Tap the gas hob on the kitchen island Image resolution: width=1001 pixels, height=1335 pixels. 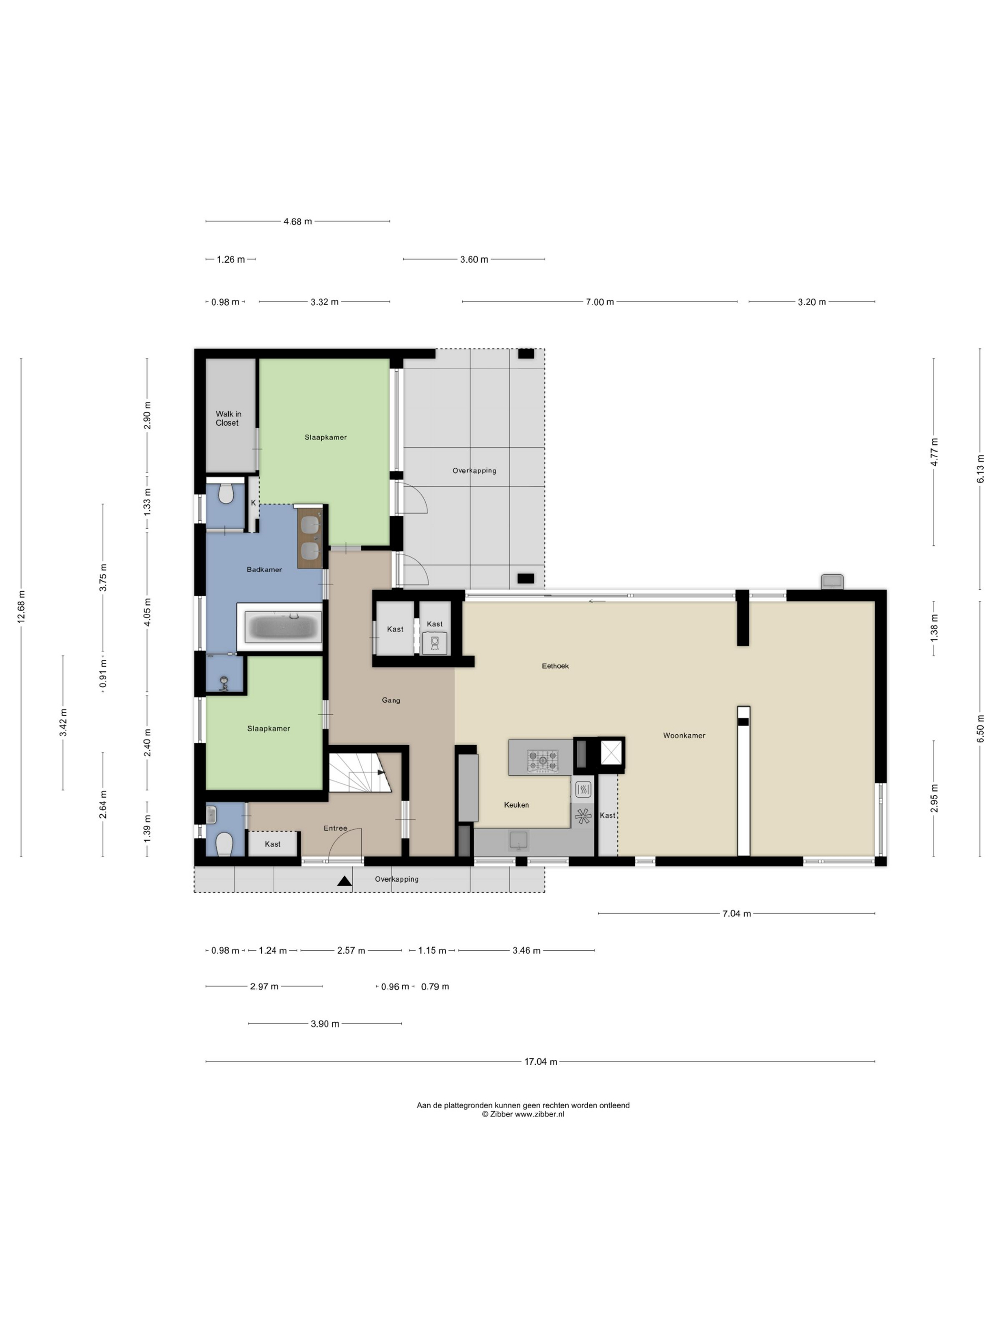coord(542,760)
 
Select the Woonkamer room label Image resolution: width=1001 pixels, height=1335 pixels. coord(684,735)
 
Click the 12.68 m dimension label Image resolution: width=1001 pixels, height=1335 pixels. coord(21,607)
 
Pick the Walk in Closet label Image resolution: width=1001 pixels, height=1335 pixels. coord(228,418)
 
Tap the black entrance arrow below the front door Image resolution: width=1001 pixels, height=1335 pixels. coord(345,881)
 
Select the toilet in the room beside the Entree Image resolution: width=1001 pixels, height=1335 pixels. coord(224,844)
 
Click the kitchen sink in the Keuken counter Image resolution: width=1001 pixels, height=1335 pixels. coord(518,840)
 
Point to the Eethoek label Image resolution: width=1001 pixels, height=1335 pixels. coord(555,666)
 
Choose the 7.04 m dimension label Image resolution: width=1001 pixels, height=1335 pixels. coord(736,914)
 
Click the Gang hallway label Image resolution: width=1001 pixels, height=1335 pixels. coord(391,700)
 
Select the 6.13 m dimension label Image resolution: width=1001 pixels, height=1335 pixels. coord(981,469)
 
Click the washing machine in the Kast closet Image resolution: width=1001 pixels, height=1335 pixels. coord(434,643)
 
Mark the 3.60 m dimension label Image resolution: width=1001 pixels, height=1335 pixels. coord(474,259)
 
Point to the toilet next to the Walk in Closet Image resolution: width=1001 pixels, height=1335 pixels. coord(225,493)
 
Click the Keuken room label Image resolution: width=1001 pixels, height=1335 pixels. coord(517,804)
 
